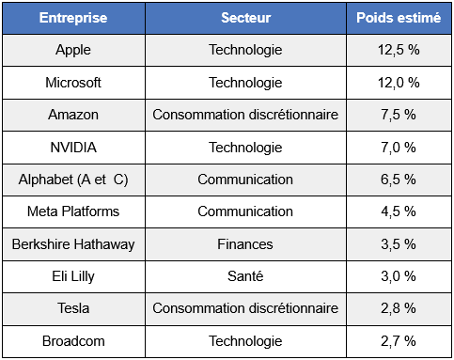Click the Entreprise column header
[73, 18]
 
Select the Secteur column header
[244, 18]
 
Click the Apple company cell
[73, 50]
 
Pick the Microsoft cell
[73, 83]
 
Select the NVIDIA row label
[73, 147]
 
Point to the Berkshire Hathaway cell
[73, 244]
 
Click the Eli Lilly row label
[73, 276]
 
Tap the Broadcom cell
[73, 340]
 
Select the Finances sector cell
[244, 244]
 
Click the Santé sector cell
[244, 276]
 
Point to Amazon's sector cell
[244, 115]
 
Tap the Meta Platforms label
[73, 211]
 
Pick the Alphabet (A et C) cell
[73, 180]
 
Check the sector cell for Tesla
[244, 308]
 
